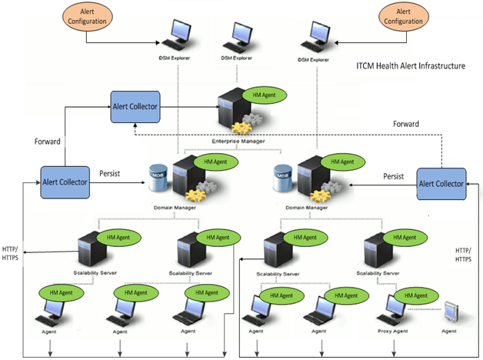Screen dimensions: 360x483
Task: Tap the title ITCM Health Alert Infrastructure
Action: click(411, 67)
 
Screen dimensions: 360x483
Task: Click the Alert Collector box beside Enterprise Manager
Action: click(136, 105)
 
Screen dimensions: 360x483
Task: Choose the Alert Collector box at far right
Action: click(441, 182)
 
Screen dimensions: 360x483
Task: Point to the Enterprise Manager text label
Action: click(238, 142)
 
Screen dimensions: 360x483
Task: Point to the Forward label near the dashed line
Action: click(405, 123)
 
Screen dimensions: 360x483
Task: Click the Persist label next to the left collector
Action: click(115, 174)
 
